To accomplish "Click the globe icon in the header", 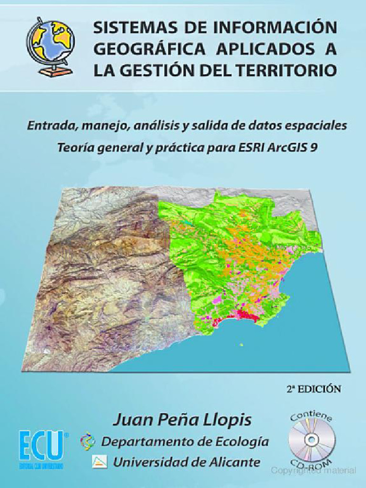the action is pyautogui.click(x=50, y=46).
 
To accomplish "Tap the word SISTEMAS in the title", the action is pyautogui.click(x=124, y=28).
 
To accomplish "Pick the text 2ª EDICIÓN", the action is pyautogui.click(x=314, y=388).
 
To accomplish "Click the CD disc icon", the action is pyautogui.click(x=312, y=438).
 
